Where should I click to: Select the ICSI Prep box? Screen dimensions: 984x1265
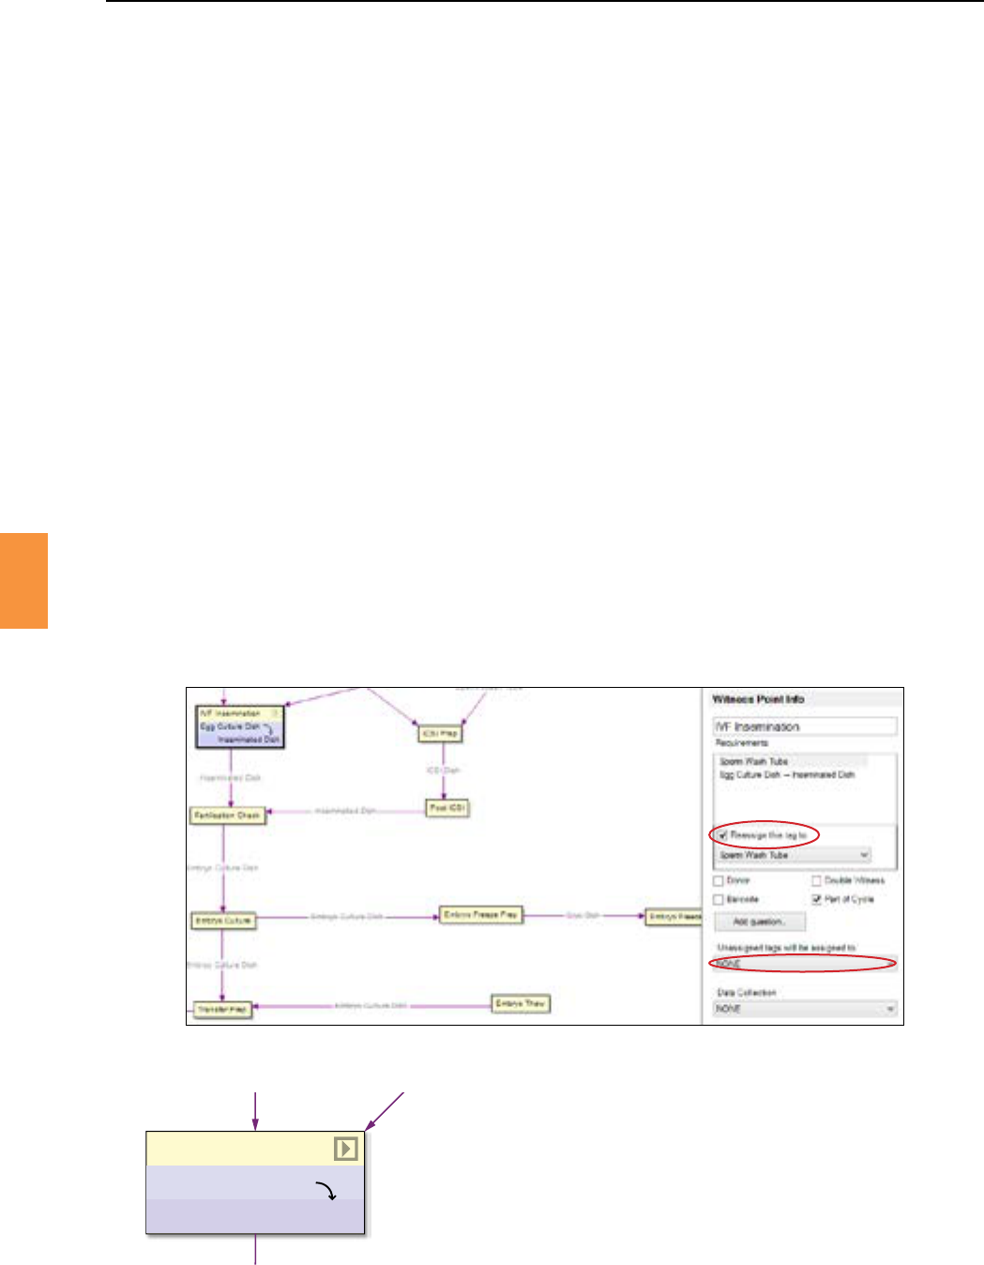click(440, 733)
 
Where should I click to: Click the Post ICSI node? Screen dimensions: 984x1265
click(447, 808)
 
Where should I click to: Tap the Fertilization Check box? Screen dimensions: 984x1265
click(227, 815)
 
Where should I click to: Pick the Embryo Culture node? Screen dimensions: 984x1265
click(223, 921)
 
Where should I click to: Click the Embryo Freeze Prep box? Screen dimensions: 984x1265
click(480, 914)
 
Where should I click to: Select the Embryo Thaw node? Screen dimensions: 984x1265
click(521, 1003)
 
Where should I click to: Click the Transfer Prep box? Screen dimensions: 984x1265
click(222, 1010)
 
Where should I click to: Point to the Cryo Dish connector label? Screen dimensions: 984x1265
click(583, 915)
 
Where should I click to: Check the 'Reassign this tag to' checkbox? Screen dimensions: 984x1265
click(722, 835)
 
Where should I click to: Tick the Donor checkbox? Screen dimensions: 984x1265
click(719, 881)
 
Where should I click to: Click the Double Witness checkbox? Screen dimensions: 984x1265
click(816, 881)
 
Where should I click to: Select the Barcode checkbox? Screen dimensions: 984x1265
click(719, 899)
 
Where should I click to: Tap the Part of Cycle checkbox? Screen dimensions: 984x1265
click(816, 899)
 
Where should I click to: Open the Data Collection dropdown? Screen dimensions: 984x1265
click(805, 1009)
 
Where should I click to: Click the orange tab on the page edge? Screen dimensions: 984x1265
click(23, 580)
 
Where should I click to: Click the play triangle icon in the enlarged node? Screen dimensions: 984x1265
click(345, 1149)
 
